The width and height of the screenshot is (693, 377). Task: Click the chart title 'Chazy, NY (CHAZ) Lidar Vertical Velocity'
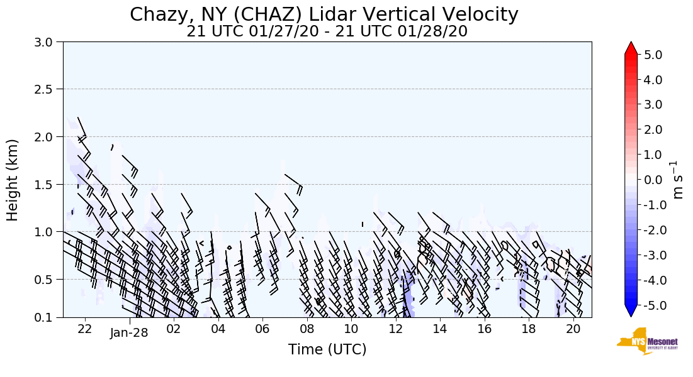pos(324,14)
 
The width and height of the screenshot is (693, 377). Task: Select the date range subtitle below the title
pos(327,31)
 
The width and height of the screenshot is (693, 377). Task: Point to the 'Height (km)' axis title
pos(13,180)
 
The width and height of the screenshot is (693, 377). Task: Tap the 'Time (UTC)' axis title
pos(327,350)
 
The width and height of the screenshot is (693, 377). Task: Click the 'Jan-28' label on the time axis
pos(129,333)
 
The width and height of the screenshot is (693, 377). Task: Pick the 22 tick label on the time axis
pos(85,329)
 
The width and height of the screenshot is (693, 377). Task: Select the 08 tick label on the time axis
pos(307,329)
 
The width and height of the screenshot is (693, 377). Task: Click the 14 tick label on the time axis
pos(440,329)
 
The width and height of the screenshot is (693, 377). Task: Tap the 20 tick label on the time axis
pos(573,329)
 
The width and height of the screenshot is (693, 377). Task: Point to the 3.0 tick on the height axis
pos(48,42)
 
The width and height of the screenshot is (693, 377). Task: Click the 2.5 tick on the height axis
pos(48,89)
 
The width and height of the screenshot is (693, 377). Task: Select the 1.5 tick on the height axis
pos(48,184)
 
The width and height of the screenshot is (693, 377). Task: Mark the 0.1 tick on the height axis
pos(48,317)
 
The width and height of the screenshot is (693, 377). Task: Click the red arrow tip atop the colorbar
pos(631,47)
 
